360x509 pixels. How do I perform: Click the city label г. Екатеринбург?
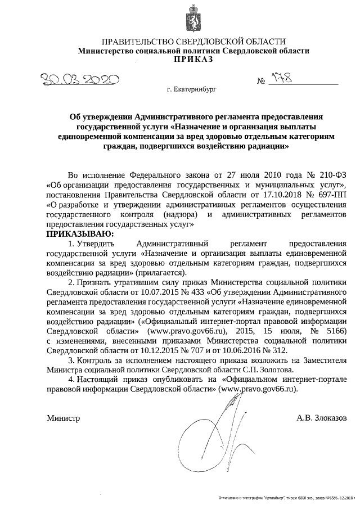(191, 89)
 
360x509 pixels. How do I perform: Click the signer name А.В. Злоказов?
(322, 418)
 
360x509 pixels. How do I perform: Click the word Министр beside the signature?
(63, 418)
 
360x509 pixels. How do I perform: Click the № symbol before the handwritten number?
(261, 83)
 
